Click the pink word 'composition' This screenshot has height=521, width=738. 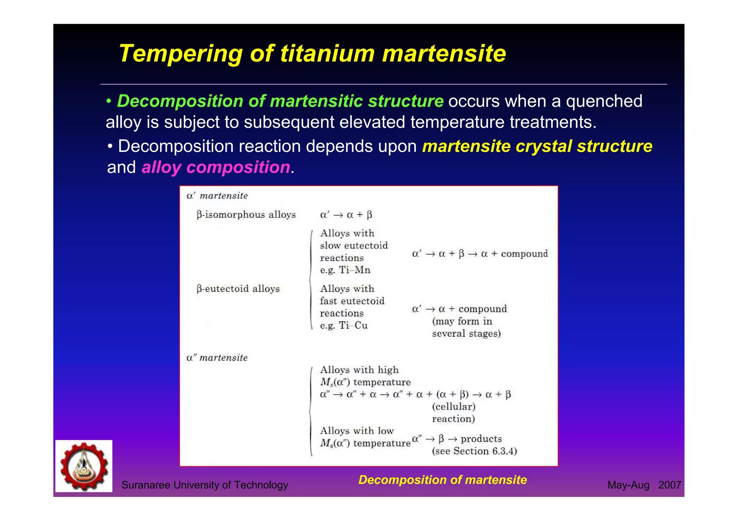[238, 167]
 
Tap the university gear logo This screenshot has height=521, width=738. [84, 466]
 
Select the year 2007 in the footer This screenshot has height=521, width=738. [670, 485]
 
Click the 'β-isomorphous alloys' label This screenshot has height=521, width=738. [246, 215]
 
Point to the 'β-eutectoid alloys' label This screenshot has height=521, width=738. [238, 289]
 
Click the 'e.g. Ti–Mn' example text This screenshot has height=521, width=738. [345, 270]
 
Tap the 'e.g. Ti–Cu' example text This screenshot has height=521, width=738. [343, 325]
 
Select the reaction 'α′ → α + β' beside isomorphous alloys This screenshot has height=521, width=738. [346, 215]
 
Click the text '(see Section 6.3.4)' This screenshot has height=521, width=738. [474, 451]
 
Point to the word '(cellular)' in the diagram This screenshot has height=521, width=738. [454, 407]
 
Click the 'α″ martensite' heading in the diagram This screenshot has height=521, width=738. [217, 358]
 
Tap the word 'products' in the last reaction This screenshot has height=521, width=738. [481, 439]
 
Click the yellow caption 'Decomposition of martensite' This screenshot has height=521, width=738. [443, 480]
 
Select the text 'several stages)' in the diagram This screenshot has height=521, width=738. [466, 334]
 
